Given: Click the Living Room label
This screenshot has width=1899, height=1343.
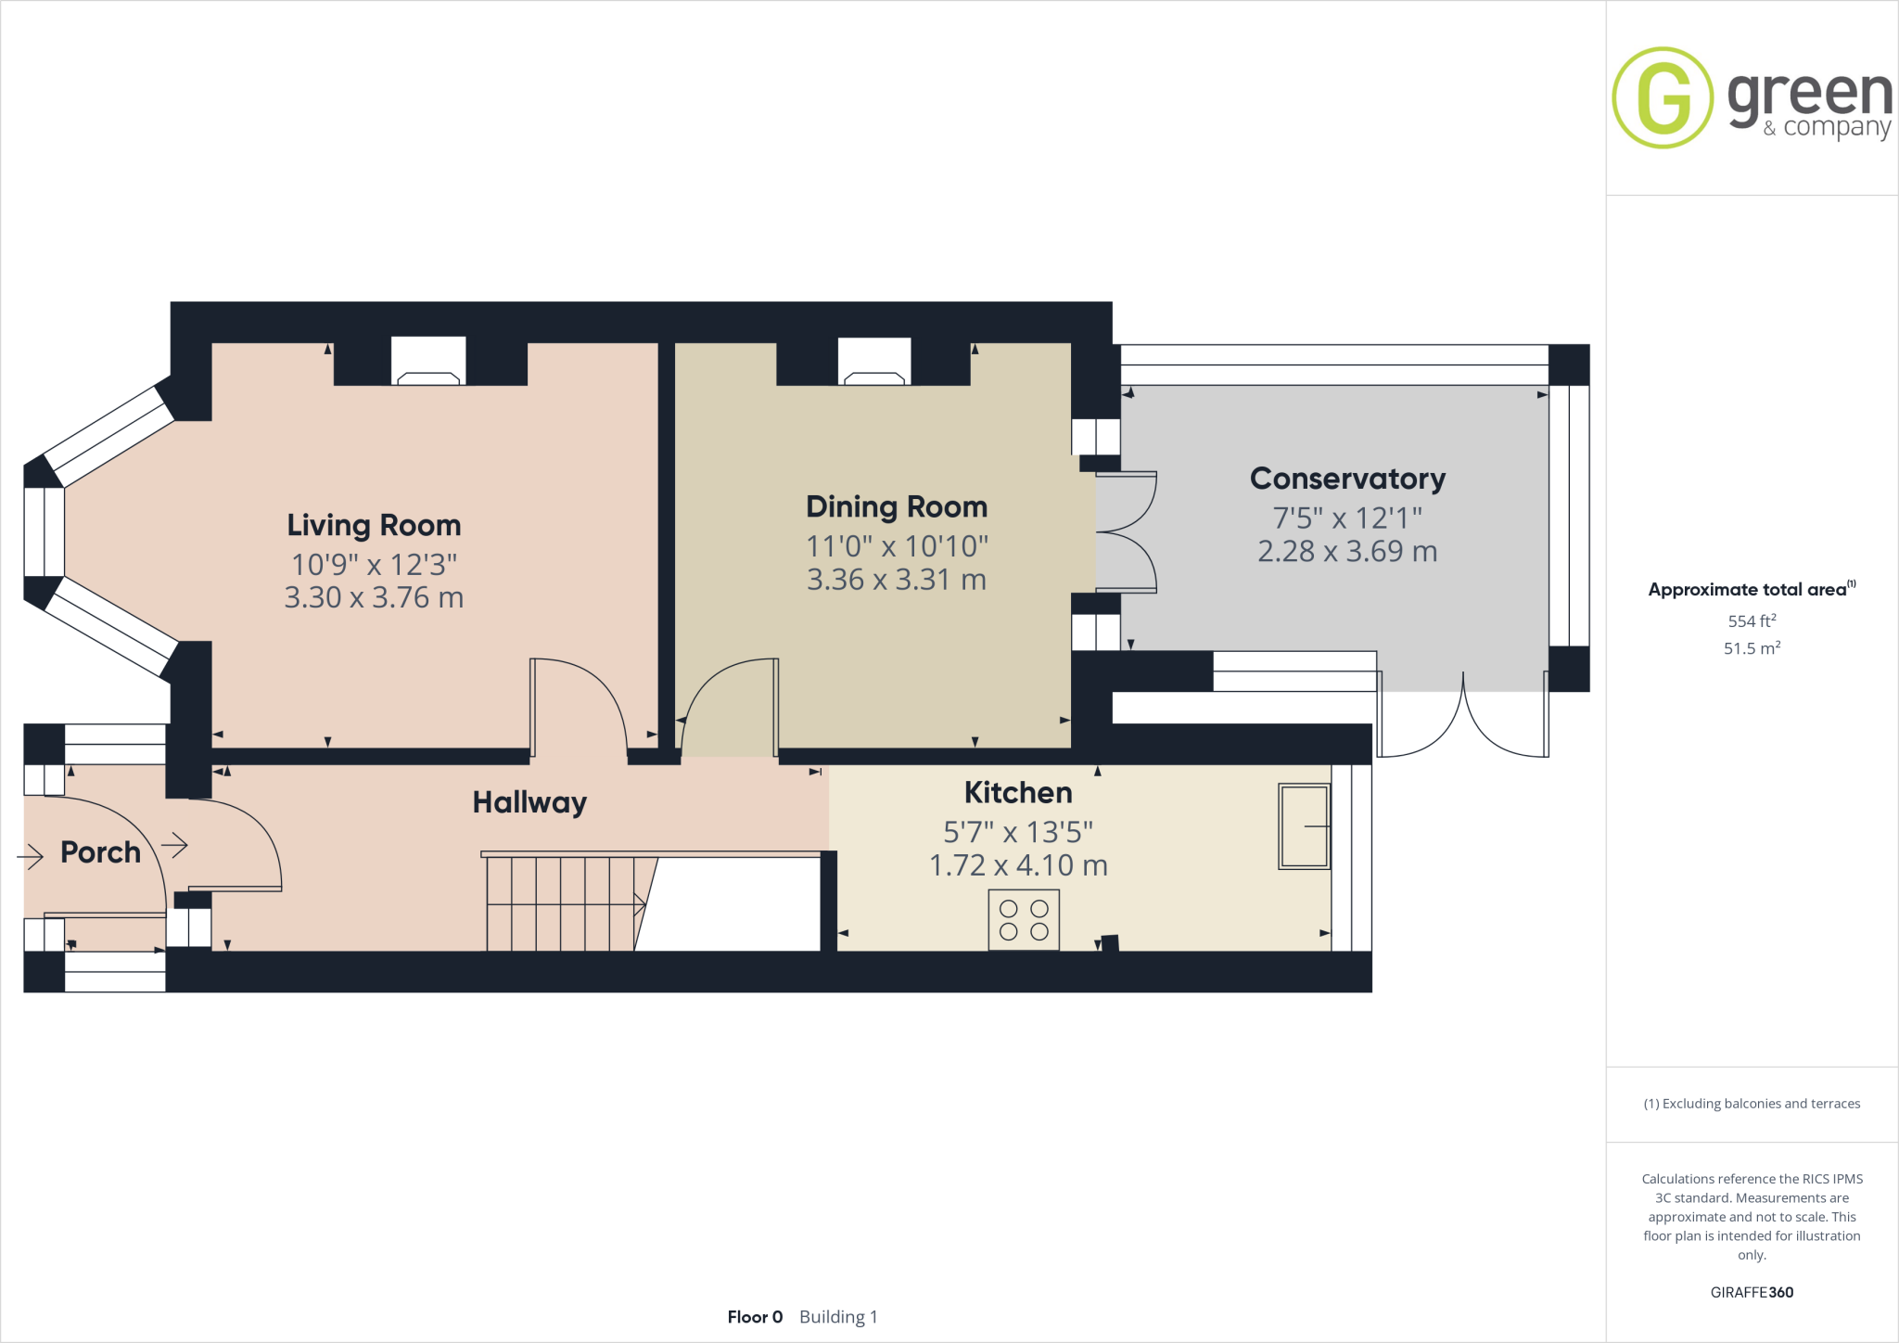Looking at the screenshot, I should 374,525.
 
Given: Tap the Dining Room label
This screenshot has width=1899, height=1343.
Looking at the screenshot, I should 897,506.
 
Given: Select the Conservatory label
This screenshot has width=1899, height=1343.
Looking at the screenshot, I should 1347,479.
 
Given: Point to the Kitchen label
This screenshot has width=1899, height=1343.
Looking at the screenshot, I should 1018,792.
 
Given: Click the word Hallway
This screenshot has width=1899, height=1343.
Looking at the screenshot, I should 529,802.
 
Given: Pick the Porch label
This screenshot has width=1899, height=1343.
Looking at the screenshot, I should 100,852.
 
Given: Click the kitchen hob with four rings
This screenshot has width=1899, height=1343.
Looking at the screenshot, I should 1024,919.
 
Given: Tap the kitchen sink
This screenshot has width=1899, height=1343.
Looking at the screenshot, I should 1304,825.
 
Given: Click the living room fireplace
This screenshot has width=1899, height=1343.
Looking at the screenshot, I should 427,362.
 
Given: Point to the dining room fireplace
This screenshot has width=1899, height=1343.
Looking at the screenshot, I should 874,362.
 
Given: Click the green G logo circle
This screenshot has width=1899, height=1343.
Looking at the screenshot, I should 1663,97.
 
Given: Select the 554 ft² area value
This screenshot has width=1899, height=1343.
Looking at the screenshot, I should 1752,620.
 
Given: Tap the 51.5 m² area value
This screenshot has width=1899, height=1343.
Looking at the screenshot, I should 1752,648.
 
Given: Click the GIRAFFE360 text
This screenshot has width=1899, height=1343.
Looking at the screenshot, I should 1752,1292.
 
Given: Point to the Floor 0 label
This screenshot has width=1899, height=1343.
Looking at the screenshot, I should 755,1317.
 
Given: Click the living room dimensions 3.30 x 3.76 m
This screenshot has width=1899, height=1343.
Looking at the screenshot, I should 374,597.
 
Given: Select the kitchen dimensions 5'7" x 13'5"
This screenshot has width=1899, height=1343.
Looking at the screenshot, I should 1018,831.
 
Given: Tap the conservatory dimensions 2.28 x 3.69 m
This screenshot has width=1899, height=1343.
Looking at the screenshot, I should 1347,551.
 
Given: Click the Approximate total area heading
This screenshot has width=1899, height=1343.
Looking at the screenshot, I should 1748,589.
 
